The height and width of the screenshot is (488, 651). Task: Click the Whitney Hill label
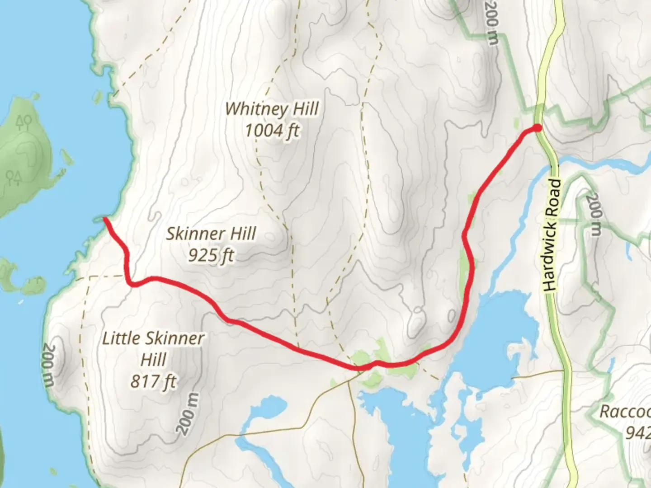pyautogui.click(x=272, y=109)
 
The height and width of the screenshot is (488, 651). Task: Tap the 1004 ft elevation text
pyautogui.click(x=272, y=131)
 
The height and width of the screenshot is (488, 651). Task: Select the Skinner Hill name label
pyautogui.click(x=211, y=234)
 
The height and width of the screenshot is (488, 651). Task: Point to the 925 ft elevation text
pyautogui.click(x=211, y=256)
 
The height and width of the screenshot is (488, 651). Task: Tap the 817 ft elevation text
pyautogui.click(x=153, y=382)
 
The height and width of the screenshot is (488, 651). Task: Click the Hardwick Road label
pyautogui.click(x=552, y=235)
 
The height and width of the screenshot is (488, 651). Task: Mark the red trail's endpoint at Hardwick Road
pyautogui.click(x=537, y=128)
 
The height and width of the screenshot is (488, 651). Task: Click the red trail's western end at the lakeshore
pyautogui.click(x=105, y=219)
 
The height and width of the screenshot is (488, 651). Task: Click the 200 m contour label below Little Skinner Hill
pyautogui.click(x=189, y=414)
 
